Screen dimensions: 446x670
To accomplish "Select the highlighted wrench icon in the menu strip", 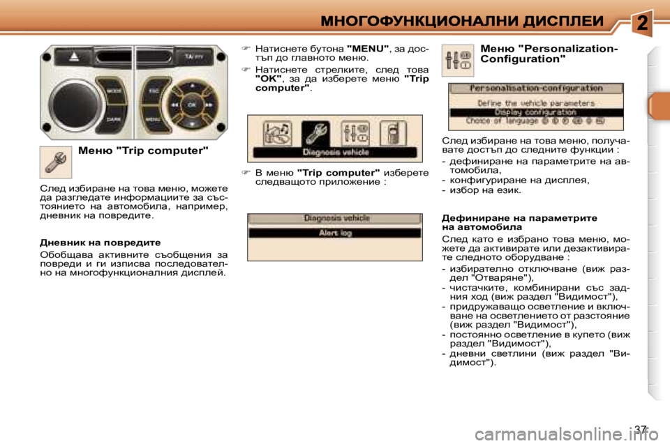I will [x=315, y=134].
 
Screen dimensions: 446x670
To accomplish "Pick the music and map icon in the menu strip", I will [x=277, y=134].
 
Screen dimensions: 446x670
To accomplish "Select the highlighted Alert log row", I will [x=334, y=233].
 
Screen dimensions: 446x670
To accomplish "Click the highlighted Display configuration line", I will [x=535, y=111].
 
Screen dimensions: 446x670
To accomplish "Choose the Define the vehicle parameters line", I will [x=535, y=102].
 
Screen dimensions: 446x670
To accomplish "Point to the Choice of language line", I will [x=535, y=121].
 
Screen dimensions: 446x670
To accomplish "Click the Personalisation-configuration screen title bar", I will [x=535, y=89].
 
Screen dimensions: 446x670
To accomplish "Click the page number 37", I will [x=640, y=429].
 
